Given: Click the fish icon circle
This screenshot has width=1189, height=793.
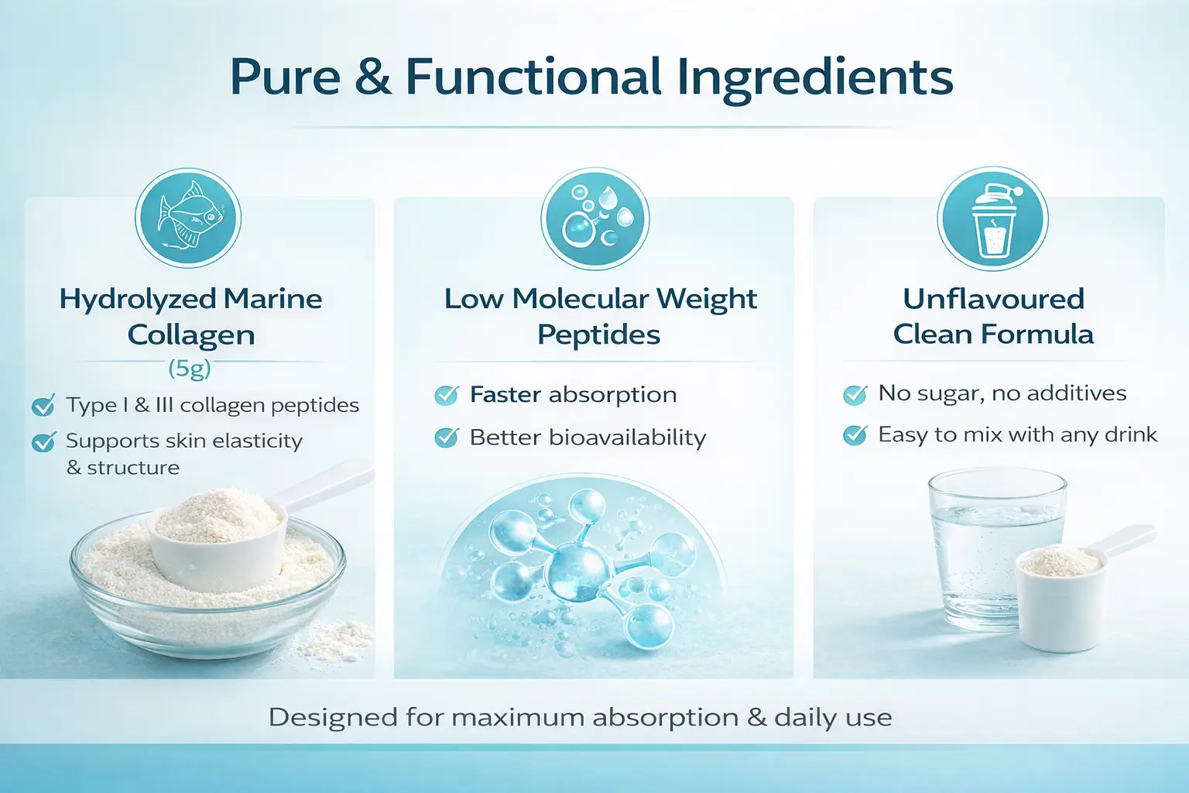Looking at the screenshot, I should click(x=188, y=219).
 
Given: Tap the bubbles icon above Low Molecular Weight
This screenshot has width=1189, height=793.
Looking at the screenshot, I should click(x=594, y=219).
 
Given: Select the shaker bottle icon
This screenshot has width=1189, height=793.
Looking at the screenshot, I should click(x=992, y=219).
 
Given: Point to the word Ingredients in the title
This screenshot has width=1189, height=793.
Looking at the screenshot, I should click(x=814, y=79).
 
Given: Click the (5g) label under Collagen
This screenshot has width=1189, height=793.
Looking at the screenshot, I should click(x=190, y=368).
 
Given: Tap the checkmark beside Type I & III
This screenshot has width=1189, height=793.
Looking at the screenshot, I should click(x=43, y=405).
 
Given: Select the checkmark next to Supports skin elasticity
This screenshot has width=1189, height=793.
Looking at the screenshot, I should click(x=43, y=441).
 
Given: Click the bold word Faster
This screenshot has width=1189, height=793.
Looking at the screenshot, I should click(x=505, y=394).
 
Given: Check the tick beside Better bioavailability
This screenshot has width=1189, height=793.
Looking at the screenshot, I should click(x=447, y=438).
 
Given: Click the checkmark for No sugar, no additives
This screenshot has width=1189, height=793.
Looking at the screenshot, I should click(x=855, y=394).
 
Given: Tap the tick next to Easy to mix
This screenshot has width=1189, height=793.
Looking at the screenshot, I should click(x=855, y=435).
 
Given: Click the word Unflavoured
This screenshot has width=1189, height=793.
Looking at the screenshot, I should click(x=993, y=299).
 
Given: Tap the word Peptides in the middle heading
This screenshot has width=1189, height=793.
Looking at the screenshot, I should click(x=598, y=335).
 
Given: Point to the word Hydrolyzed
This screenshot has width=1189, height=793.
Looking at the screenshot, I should click(x=138, y=300).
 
